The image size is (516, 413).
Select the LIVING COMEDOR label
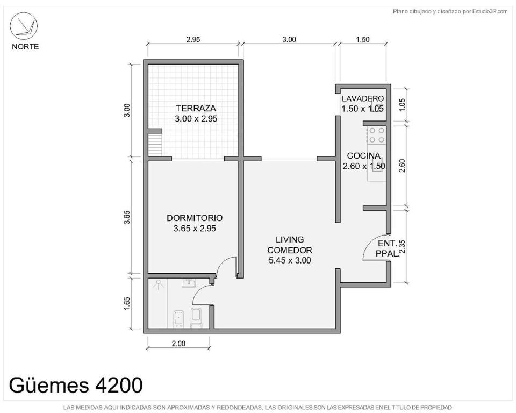[x=289, y=250]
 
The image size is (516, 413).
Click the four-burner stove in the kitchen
[x=376, y=135]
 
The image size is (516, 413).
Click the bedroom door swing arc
[x=227, y=265]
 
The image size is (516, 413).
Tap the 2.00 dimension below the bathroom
[x=178, y=344]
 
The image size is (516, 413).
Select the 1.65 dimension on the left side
[x=127, y=303]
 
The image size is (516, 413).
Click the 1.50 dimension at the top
[x=363, y=39]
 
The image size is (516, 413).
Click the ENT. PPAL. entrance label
[x=387, y=248]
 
